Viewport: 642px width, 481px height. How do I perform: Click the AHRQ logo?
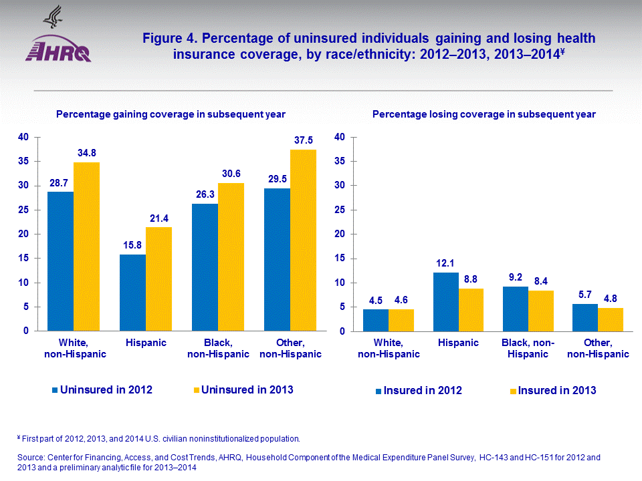click(x=59, y=41)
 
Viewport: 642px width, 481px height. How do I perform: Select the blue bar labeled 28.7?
click(x=60, y=261)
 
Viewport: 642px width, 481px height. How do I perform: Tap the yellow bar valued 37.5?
click(x=304, y=240)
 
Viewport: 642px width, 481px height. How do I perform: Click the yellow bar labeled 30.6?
click(x=231, y=257)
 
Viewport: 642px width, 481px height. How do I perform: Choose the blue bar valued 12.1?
click(x=446, y=301)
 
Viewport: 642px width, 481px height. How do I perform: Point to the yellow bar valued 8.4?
click(x=540, y=311)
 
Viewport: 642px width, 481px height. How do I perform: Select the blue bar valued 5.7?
click(x=585, y=317)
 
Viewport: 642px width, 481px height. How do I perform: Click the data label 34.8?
click(x=87, y=153)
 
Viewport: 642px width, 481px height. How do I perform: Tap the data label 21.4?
click(x=159, y=218)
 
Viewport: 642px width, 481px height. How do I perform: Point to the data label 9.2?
click(x=516, y=277)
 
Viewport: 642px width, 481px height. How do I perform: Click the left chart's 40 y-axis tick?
click(x=23, y=137)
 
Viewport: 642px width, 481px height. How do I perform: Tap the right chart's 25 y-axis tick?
click(x=340, y=210)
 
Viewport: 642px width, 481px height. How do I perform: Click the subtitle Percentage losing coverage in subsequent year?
click(x=484, y=114)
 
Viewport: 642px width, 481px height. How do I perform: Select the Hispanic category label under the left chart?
click(x=146, y=343)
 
